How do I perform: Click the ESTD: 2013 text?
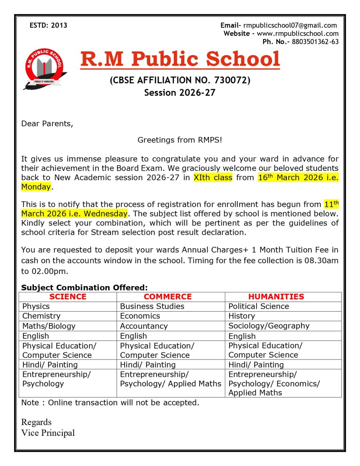click(x=48, y=25)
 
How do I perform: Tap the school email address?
click(x=290, y=25)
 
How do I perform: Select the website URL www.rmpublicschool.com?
click(x=297, y=33)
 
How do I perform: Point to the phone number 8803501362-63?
click(x=315, y=42)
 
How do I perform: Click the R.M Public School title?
click(x=180, y=59)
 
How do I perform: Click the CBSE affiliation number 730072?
click(x=231, y=80)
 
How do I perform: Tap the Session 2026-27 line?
click(x=180, y=92)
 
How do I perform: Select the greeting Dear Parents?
click(x=47, y=123)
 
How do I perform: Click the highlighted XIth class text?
click(x=213, y=178)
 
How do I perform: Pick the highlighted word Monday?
click(x=36, y=187)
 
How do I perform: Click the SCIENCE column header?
click(x=68, y=297)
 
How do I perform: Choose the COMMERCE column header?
click(x=167, y=297)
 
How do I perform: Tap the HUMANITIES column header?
click(x=276, y=297)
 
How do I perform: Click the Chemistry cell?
click(x=41, y=316)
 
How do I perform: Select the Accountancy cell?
click(x=144, y=326)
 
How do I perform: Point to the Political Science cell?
click(x=258, y=307)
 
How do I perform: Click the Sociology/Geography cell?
click(x=269, y=326)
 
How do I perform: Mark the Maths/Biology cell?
click(x=49, y=326)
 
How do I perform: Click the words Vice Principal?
click(x=48, y=433)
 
